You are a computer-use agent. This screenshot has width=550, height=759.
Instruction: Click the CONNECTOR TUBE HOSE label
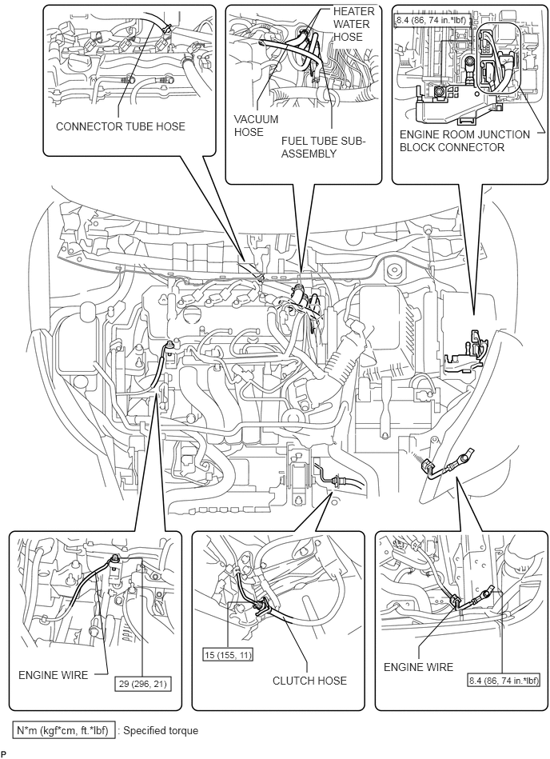point(121,126)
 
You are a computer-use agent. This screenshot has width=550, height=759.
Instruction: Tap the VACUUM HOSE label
point(256,126)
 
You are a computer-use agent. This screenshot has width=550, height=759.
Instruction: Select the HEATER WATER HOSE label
point(353,24)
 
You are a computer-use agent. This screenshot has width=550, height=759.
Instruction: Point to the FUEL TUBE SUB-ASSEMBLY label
point(324,147)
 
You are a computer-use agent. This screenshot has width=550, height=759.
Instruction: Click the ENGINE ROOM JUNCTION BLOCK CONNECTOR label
point(464,141)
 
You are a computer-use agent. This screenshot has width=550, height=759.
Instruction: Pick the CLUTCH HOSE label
point(309,681)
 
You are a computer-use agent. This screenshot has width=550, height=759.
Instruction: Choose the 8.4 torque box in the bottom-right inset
point(503,681)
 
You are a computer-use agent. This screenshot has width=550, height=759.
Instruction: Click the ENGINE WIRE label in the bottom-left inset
point(54,675)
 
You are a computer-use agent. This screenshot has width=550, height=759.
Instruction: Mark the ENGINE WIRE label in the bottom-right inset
point(418,667)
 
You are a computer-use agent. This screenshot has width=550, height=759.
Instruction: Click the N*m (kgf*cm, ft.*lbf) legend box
point(64,730)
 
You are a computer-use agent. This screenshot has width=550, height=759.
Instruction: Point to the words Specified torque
point(161,730)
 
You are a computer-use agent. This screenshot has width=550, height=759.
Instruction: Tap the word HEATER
point(353,11)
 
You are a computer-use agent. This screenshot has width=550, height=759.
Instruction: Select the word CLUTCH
point(292,681)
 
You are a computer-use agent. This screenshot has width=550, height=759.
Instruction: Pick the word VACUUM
point(256,119)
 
